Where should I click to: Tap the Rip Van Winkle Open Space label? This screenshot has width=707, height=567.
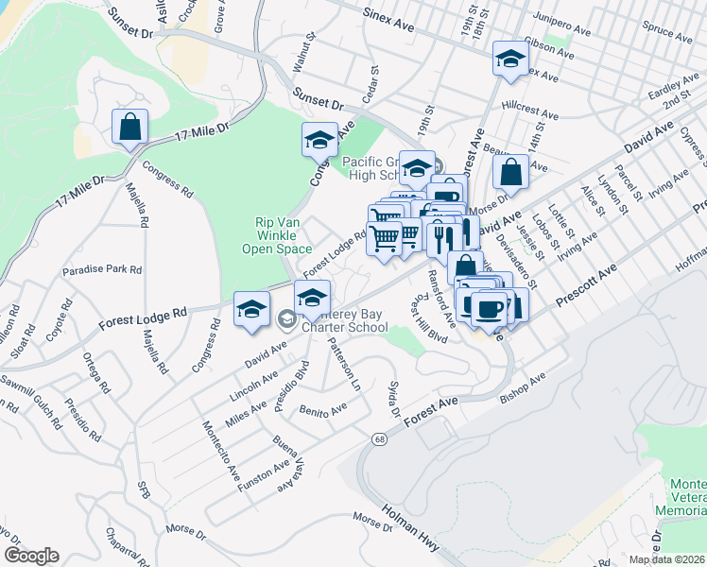click(284, 236)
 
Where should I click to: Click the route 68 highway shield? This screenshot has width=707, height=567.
click(379, 440)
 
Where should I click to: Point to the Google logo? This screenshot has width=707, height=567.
click(31, 556)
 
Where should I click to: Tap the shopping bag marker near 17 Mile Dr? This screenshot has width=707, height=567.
click(129, 126)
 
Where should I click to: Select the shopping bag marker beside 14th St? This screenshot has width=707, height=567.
click(510, 172)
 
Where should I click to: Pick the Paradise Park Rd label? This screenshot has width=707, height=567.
click(102, 270)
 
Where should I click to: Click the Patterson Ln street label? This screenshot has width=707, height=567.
click(344, 365)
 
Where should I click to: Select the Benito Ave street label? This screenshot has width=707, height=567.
click(323, 408)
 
